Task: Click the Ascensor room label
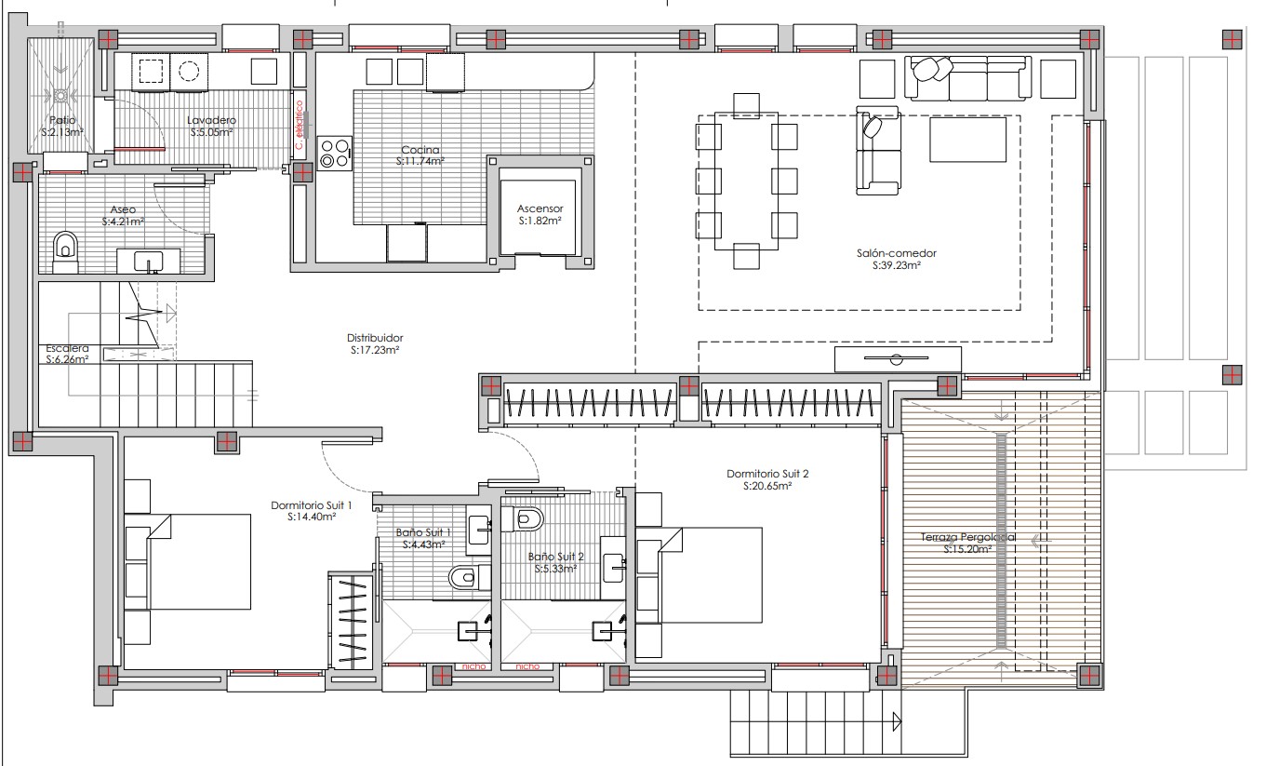coord(540,208)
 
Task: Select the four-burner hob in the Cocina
coord(336,153)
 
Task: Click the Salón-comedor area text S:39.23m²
coord(897,265)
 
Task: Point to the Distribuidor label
coord(374,338)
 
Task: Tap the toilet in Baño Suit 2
coord(527,518)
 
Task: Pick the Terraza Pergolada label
coord(967,537)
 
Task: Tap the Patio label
coord(63,120)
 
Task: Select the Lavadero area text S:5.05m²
coord(211,132)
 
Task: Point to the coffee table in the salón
coord(967,141)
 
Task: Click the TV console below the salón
coord(897,359)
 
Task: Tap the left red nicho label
coord(467,665)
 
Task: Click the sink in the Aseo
coord(149,260)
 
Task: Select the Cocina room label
coord(420,149)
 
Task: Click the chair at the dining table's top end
coord(746,103)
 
